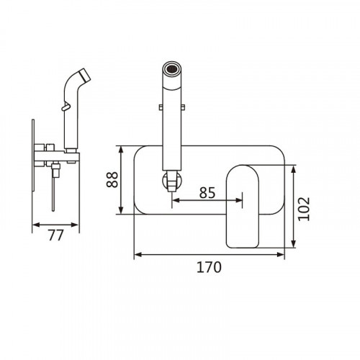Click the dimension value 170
point(209,267)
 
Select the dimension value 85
point(207,192)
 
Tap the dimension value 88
point(112,179)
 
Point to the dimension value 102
point(304,209)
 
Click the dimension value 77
point(55,235)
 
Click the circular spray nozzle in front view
point(171,68)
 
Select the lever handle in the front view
point(243,206)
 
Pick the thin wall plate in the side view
point(33,156)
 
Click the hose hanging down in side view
point(53,194)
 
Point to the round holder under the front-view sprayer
point(171,180)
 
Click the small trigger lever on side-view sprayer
point(66,107)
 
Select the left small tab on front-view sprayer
point(161,107)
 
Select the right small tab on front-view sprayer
point(182,107)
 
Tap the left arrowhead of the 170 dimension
point(138,254)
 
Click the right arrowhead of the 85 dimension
point(239,200)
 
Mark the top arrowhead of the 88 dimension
point(121,150)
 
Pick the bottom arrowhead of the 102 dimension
point(293,243)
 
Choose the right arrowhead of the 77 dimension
point(75,225)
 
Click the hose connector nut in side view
point(55,171)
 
